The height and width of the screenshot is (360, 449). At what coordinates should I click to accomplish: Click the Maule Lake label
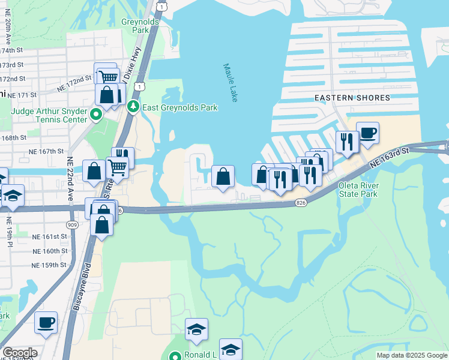(231, 83)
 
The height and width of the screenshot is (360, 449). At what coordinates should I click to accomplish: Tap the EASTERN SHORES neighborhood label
(352, 97)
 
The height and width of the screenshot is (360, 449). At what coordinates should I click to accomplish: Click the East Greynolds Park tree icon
(133, 107)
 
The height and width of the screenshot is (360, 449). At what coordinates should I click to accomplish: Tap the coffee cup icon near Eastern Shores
(367, 133)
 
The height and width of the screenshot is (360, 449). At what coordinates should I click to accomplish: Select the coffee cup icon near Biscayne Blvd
(46, 323)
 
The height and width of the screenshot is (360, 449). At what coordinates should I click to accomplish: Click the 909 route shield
(73, 224)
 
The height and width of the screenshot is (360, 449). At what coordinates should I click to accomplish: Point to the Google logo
(20, 353)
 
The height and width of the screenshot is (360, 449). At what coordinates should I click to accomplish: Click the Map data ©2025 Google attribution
(411, 355)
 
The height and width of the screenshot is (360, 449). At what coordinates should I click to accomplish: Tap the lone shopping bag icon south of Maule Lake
(223, 176)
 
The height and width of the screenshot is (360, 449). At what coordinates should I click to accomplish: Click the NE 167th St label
(47, 152)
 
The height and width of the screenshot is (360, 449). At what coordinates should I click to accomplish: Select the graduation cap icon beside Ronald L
(196, 329)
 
